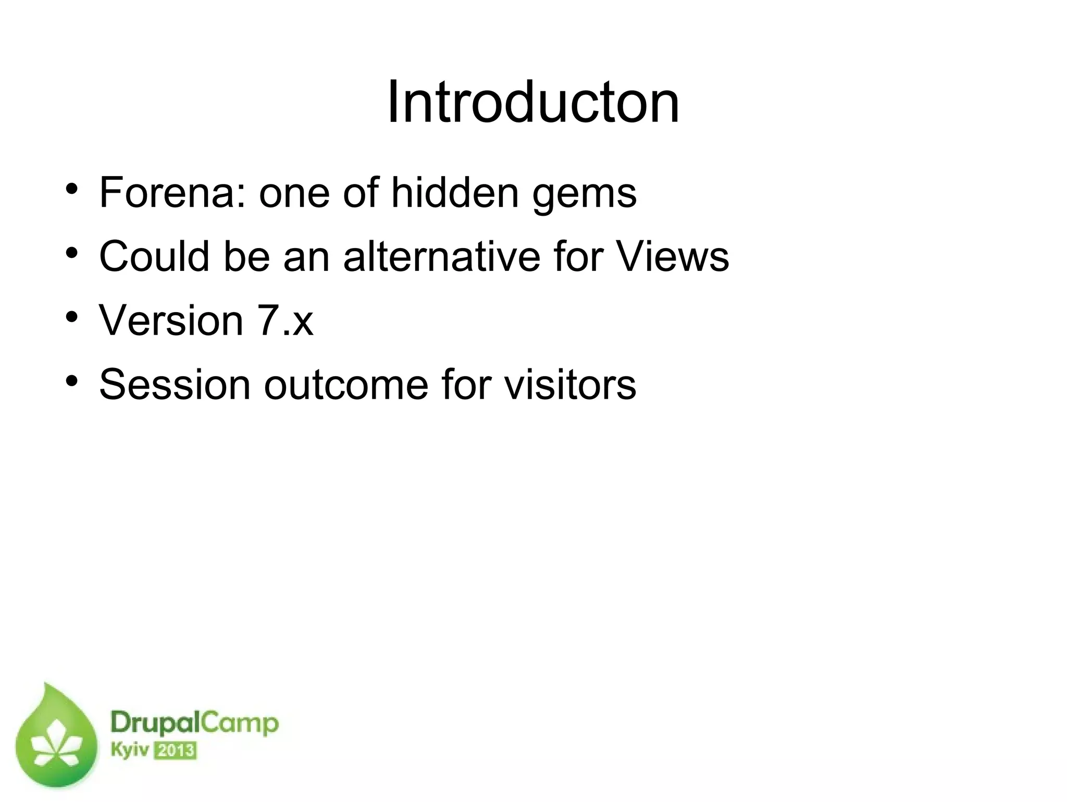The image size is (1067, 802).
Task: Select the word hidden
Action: (455, 192)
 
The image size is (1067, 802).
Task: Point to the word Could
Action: (154, 256)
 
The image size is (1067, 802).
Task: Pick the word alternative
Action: (442, 256)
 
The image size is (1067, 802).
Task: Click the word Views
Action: (673, 256)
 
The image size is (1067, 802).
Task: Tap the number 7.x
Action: (285, 320)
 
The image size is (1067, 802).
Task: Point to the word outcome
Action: (345, 384)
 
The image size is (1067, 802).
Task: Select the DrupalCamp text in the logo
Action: (194, 724)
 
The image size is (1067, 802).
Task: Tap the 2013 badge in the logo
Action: (176, 751)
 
